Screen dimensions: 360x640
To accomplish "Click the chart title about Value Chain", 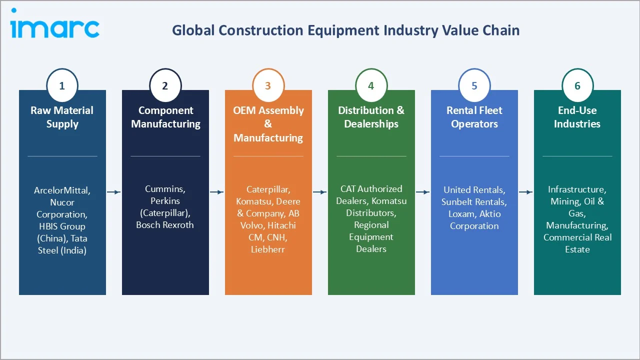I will [345, 30].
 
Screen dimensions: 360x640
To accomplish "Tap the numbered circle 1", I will [62, 85].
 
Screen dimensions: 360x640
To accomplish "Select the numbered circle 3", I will [268, 85].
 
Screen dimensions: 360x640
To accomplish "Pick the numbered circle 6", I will [577, 85].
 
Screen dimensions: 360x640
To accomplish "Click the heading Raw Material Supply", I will [62, 117].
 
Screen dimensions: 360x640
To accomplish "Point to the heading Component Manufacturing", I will [165, 117].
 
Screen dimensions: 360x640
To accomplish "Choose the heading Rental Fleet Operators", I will [474, 117].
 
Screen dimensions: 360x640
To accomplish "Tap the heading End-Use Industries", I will [577, 117].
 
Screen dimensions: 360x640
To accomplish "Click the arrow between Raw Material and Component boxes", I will [114, 191].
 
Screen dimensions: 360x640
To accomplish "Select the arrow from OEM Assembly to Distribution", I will [320, 191].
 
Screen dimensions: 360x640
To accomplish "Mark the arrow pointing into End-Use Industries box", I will [526, 191].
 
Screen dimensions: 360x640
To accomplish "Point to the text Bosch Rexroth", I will [165, 225].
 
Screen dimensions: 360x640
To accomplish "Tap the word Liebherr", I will [268, 249].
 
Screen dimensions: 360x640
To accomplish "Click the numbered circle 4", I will [371, 85].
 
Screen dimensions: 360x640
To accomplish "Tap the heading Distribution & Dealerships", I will [371, 117].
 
